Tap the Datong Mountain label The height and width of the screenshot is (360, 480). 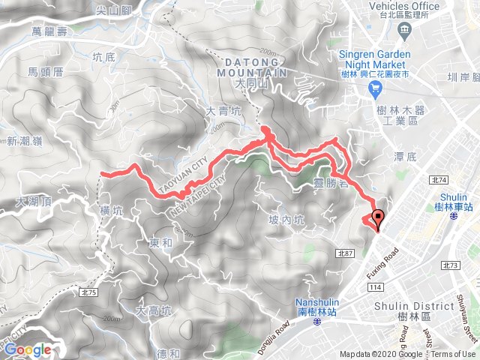(x=252, y=68)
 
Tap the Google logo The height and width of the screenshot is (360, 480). (x=27, y=349)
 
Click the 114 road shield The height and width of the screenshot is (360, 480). (x=375, y=287)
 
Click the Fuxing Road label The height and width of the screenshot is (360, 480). (x=380, y=265)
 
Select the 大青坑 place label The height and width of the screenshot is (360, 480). (x=223, y=112)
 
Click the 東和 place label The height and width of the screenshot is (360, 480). (x=160, y=243)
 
